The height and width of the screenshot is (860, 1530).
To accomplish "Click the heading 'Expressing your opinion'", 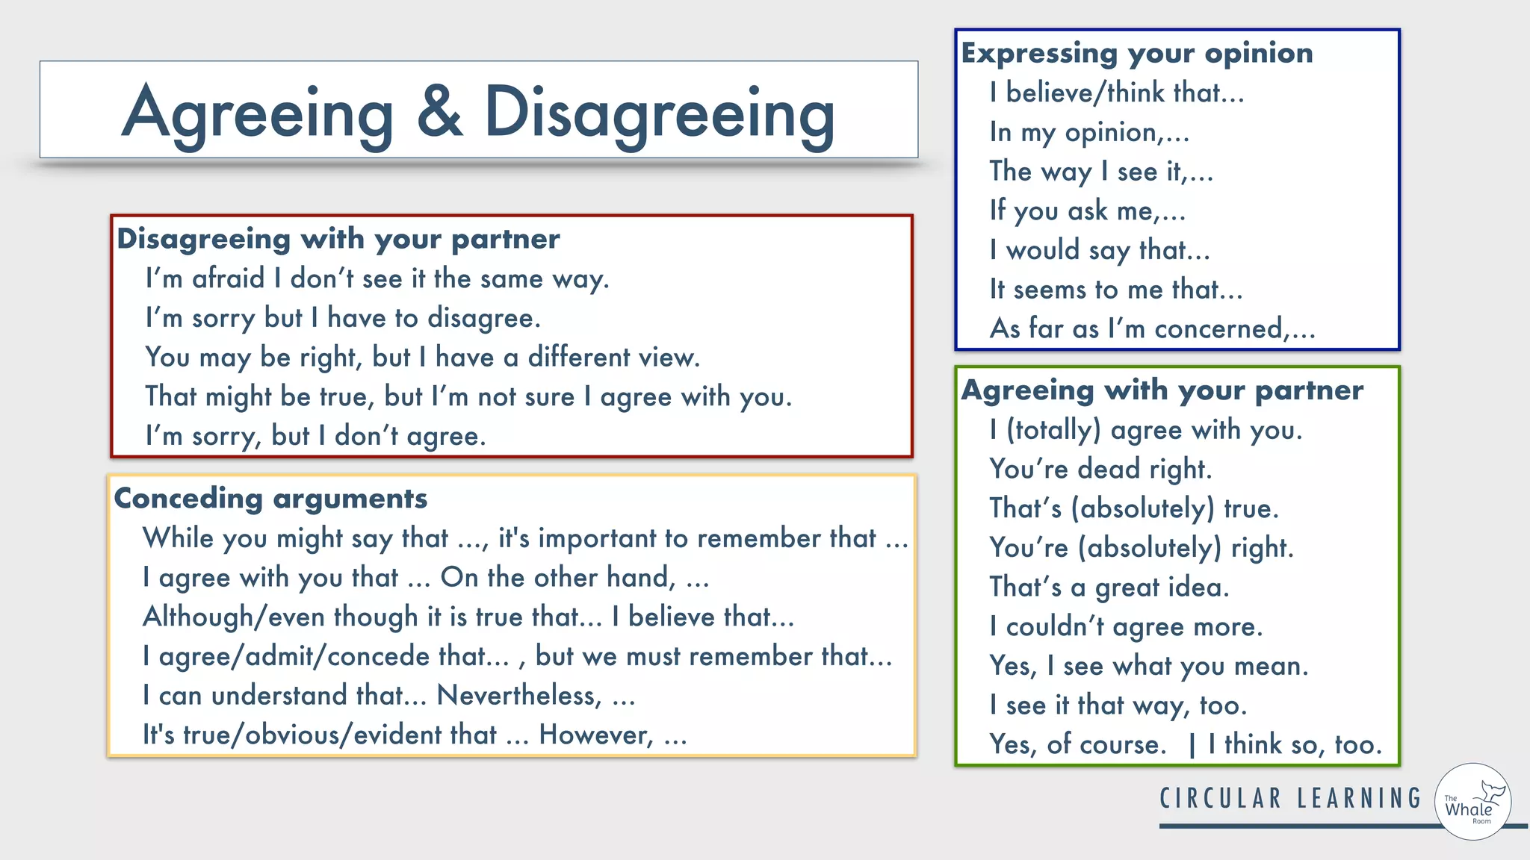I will [x=1136, y=54].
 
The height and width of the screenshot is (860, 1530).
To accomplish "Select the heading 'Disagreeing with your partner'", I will [x=338, y=240].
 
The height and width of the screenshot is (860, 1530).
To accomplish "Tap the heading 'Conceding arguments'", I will [x=270, y=499].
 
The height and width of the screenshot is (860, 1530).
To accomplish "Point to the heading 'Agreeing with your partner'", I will [x=1162, y=390].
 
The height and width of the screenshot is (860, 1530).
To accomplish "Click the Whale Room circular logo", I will [x=1472, y=803].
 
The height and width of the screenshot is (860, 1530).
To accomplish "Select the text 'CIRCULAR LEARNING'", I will [x=1290, y=799].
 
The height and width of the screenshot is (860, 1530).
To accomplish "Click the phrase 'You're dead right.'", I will [x=1100, y=470].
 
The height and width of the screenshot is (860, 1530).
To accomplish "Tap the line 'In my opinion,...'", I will [x=1088, y=133].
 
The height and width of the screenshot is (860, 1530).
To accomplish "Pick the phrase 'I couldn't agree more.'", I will [x=1126, y=627].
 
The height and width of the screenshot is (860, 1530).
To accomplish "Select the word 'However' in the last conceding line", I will [x=595, y=735].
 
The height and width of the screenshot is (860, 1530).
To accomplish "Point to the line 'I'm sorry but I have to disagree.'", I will [x=343, y=319].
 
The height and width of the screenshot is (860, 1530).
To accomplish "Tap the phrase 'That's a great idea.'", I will [x=1109, y=588].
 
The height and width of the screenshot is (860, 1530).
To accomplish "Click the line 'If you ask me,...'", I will [x=1087, y=211].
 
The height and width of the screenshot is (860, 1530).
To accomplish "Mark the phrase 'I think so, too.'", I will [x=1295, y=745].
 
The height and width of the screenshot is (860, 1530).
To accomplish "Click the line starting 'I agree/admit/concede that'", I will [x=517, y=657].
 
